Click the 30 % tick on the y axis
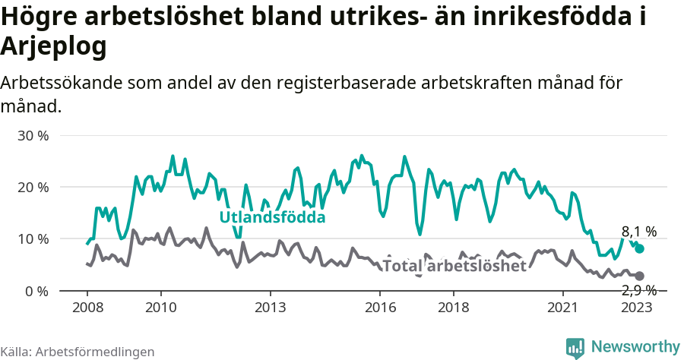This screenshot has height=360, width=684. (x=33, y=136)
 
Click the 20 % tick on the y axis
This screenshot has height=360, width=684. (x=33, y=188)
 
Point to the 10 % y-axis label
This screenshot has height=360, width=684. (x=33, y=239)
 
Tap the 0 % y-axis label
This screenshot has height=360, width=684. (x=36, y=291)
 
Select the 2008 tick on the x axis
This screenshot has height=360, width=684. (x=87, y=308)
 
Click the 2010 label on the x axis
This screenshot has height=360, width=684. (x=160, y=308)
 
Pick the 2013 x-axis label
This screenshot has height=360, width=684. (x=271, y=308)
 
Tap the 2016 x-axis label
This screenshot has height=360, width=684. (x=381, y=308)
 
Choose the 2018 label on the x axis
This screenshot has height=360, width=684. (x=454, y=308)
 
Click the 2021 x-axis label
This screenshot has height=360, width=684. (x=564, y=308)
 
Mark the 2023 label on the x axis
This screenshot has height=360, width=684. (x=637, y=308)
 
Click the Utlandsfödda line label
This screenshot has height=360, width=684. (x=272, y=218)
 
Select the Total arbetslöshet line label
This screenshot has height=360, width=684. (x=454, y=266)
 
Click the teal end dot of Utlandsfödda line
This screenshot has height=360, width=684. (x=640, y=248)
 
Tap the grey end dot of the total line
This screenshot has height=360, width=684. (x=640, y=276)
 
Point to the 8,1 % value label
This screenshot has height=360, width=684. (x=639, y=232)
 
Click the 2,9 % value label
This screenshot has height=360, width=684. (x=639, y=290)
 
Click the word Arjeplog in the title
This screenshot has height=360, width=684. (x=53, y=47)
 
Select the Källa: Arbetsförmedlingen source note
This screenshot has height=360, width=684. (x=78, y=352)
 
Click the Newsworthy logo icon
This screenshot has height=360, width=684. (x=575, y=347)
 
